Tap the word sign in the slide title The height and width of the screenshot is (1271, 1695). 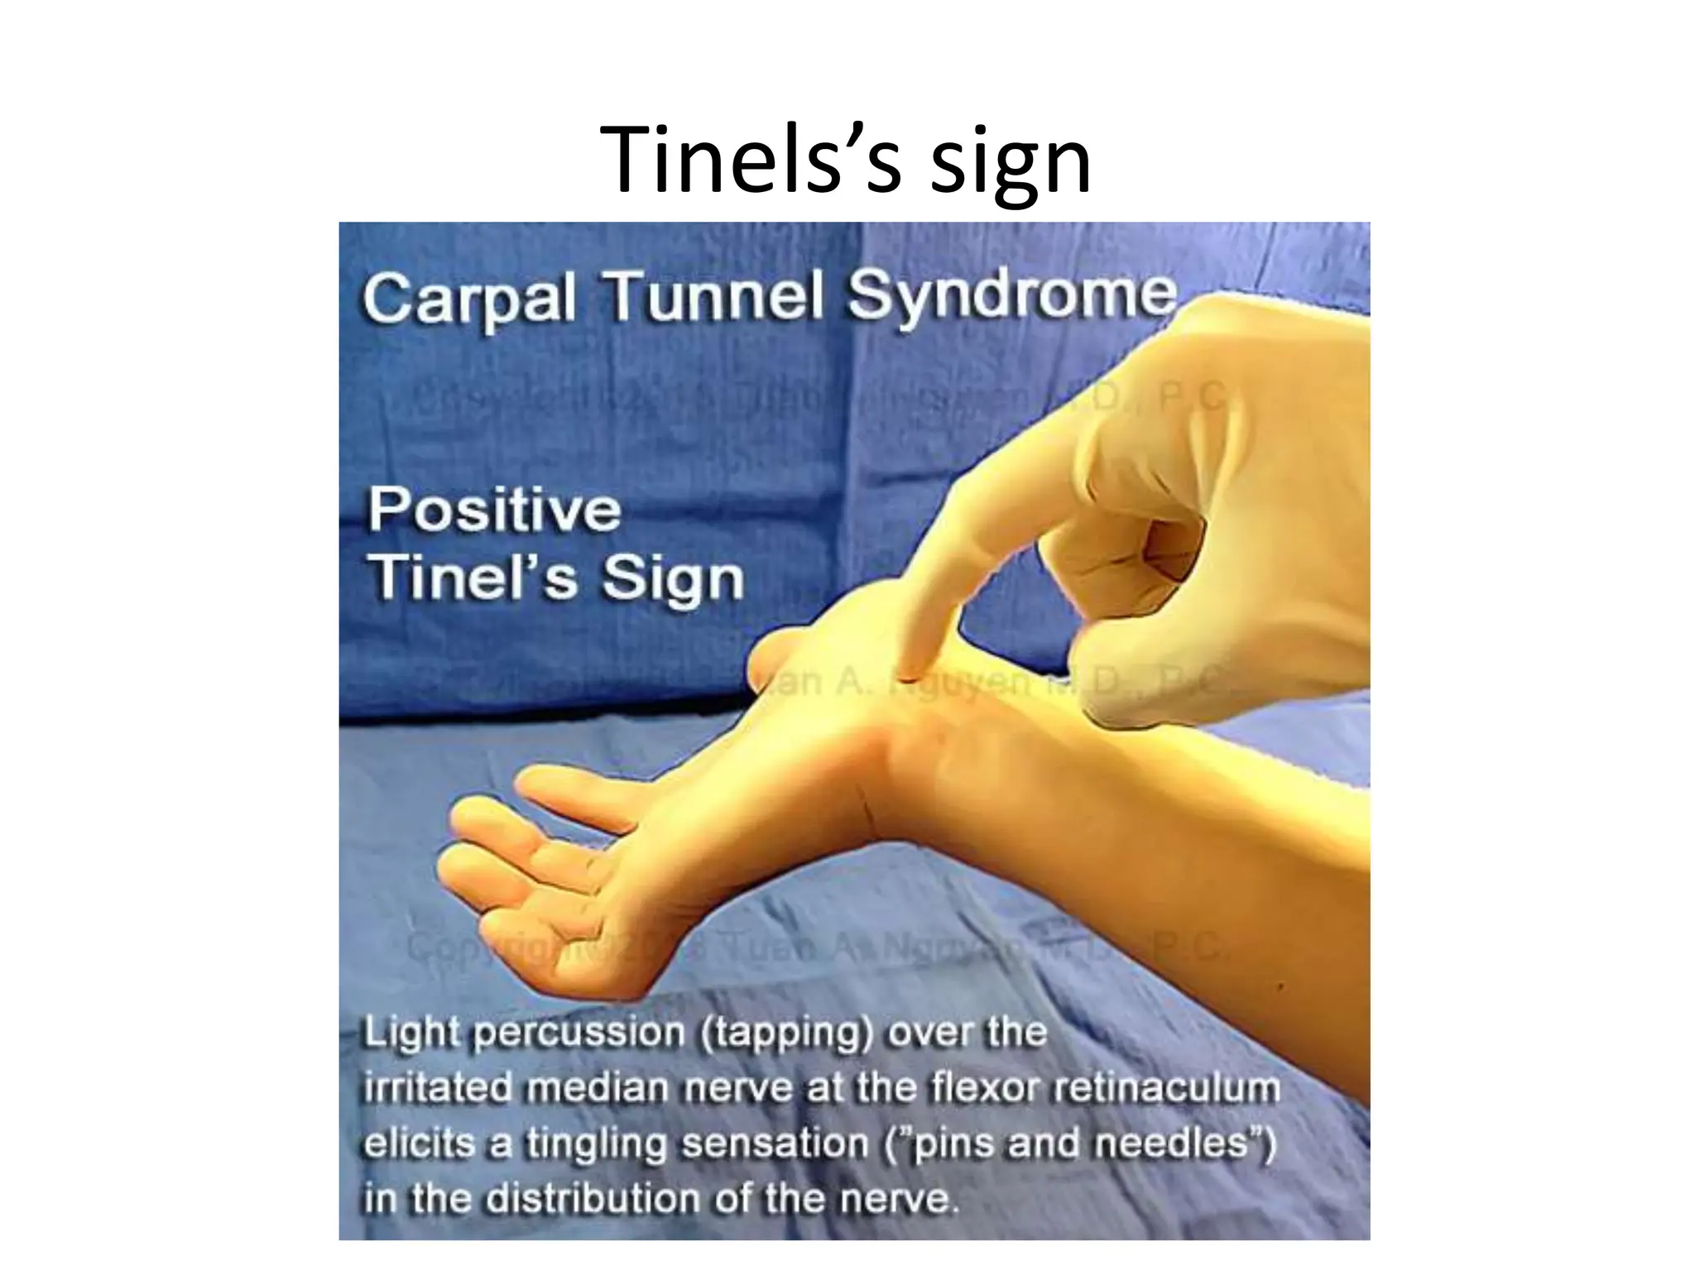tap(1010, 165)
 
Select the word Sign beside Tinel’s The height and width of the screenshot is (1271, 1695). tap(673, 579)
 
